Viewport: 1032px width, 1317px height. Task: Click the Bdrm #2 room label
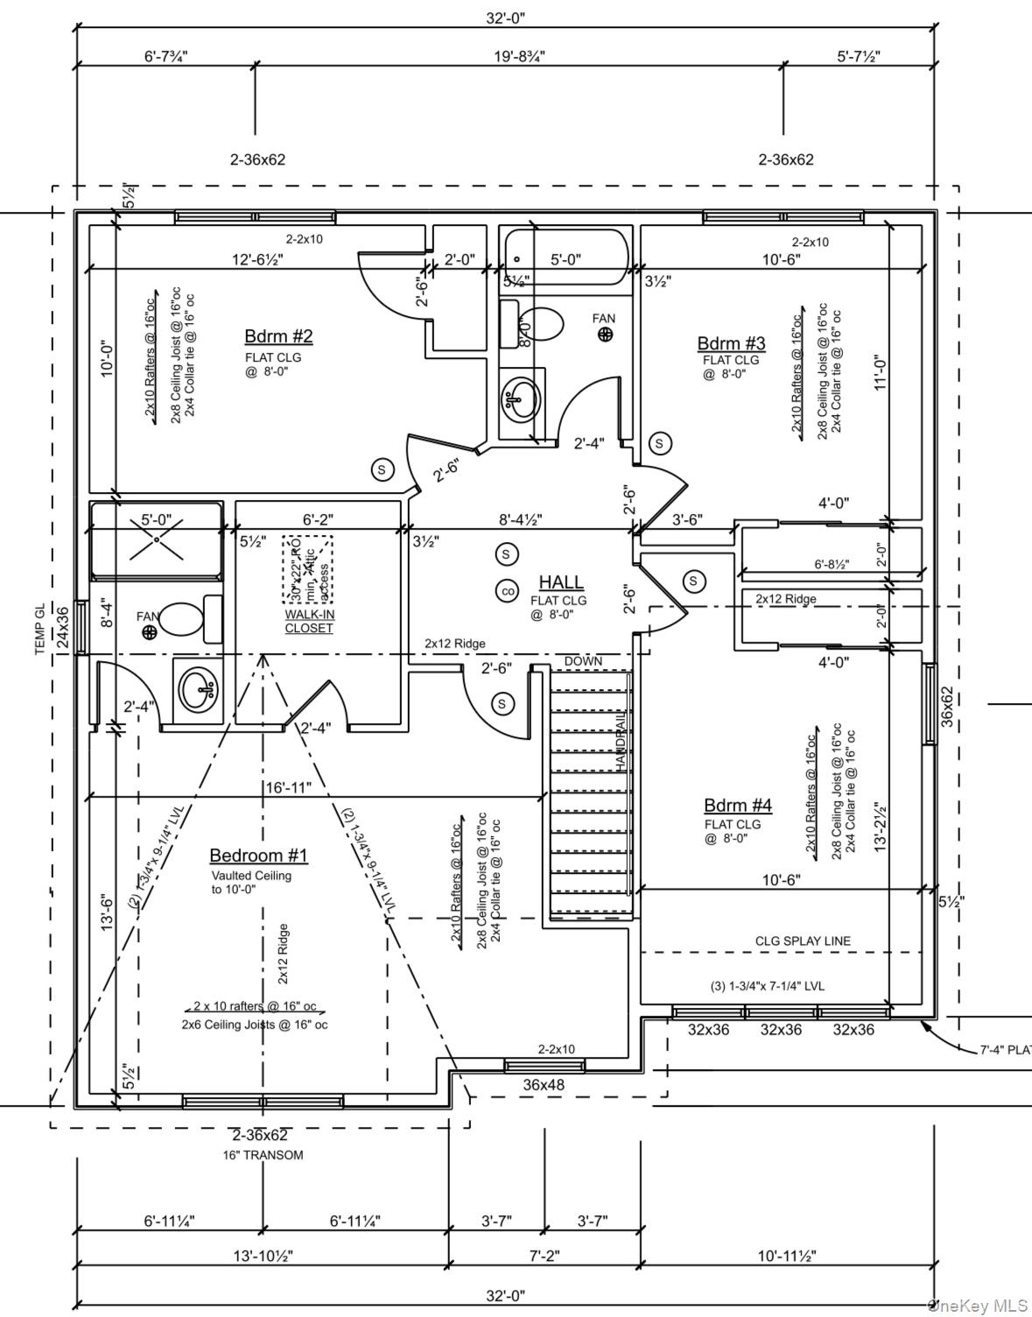pyautogui.click(x=278, y=336)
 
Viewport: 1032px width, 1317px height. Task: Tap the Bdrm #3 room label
pyautogui.click(x=731, y=343)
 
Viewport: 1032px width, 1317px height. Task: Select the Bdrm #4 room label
pyautogui.click(x=737, y=806)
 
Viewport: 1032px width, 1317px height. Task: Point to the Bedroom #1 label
pyautogui.click(x=258, y=856)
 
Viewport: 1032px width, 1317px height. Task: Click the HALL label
pyautogui.click(x=560, y=582)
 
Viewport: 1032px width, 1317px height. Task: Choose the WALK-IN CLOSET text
pyautogui.click(x=309, y=621)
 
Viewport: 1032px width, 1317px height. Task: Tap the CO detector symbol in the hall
pyautogui.click(x=507, y=591)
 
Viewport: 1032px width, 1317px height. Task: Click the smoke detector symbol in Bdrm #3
pyautogui.click(x=660, y=443)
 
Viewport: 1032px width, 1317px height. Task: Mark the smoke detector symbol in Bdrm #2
pyautogui.click(x=382, y=470)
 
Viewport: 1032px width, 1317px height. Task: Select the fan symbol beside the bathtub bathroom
pyautogui.click(x=605, y=334)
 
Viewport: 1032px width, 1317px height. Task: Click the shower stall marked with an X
pyautogui.click(x=157, y=539)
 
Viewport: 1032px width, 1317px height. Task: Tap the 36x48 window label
pyautogui.click(x=544, y=1085)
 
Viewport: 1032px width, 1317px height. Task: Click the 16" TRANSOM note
pyautogui.click(x=263, y=1155)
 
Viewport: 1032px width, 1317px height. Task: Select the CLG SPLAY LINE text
pyautogui.click(x=803, y=941)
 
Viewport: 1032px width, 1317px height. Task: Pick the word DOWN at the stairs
pyautogui.click(x=583, y=661)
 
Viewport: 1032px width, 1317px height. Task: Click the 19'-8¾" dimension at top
pyautogui.click(x=519, y=57)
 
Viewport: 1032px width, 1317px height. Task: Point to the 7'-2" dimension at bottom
pyautogui.click(x=544, y=1256)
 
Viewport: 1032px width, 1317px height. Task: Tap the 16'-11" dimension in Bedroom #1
pyautogui.click(x=288, y=788)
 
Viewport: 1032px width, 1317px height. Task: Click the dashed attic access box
pyautogui.click(x=307, y=569)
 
